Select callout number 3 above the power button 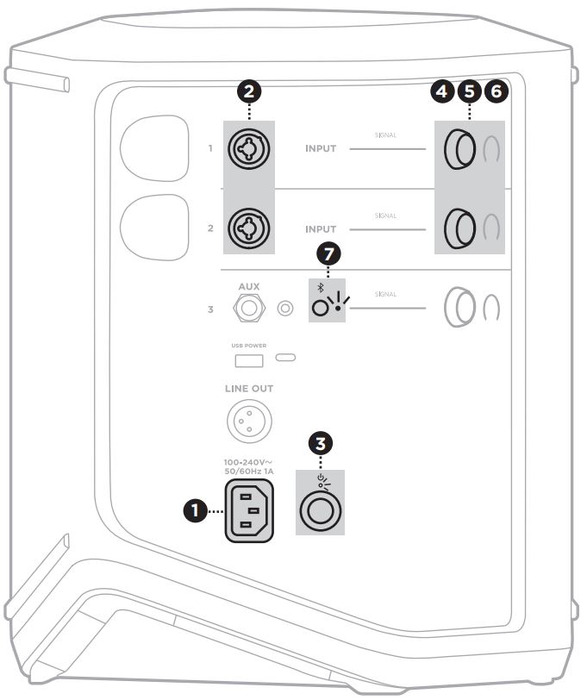tap(321, 444)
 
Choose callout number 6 tap(497, 91)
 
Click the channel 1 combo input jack tap(249, 149)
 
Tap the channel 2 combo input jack tap(249, 228)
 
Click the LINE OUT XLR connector tap(248, 421)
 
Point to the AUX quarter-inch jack tap(250, 307)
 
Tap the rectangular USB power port tap(249, 358)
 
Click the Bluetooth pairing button tap(322, 307)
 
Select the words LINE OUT tap(249, 389)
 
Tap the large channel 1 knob tap(458, 150)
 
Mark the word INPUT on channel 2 tap(321, 229)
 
